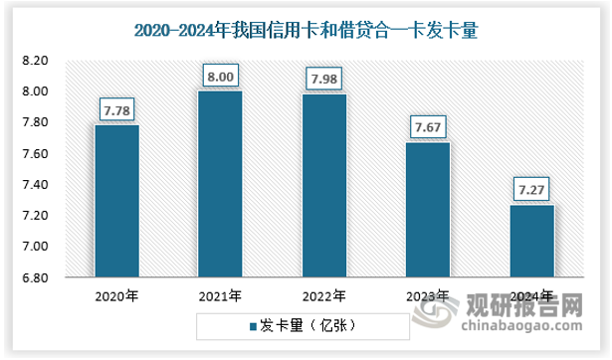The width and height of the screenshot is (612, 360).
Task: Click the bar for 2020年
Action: [116, 200]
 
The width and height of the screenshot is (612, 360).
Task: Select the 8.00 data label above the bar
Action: [220, 74]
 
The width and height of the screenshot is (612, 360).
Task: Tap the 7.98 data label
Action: [323, 77]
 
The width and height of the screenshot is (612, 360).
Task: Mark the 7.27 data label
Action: [531, 187]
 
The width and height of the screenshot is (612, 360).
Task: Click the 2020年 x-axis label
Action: [116, 296]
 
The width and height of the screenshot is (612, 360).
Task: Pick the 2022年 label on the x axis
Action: [323, 296]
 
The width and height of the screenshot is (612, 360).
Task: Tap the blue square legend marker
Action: [254, 325]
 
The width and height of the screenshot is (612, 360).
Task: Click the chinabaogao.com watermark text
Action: [522, 323]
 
